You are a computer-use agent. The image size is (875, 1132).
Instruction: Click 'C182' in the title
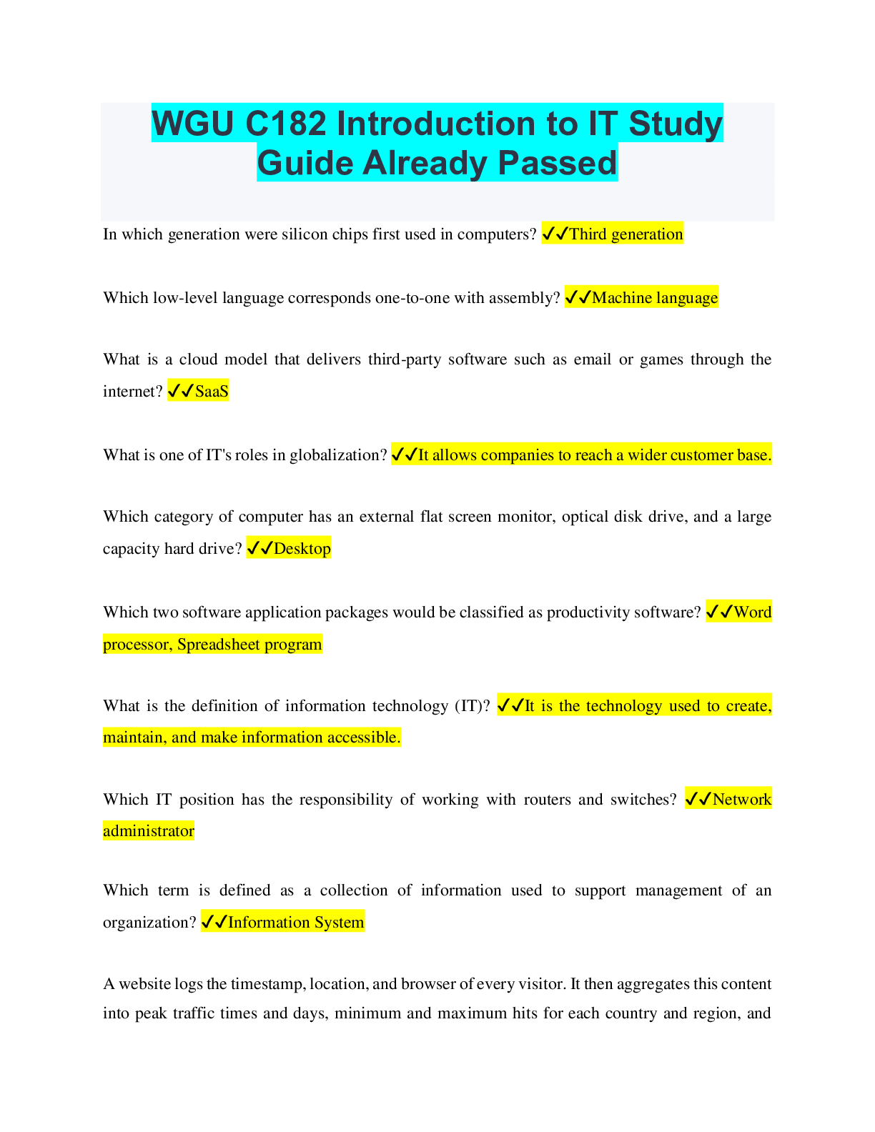(285, 124)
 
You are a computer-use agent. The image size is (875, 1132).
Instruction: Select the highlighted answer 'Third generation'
(626, 234)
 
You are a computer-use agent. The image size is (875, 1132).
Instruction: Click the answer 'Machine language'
(655, 297)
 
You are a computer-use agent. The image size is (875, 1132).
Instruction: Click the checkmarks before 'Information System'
(214, 922)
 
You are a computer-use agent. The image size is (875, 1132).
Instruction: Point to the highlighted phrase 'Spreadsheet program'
(249, 644)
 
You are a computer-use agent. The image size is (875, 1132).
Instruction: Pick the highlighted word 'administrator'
(149, 830)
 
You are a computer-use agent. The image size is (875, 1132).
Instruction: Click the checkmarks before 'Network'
(698, 799)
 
